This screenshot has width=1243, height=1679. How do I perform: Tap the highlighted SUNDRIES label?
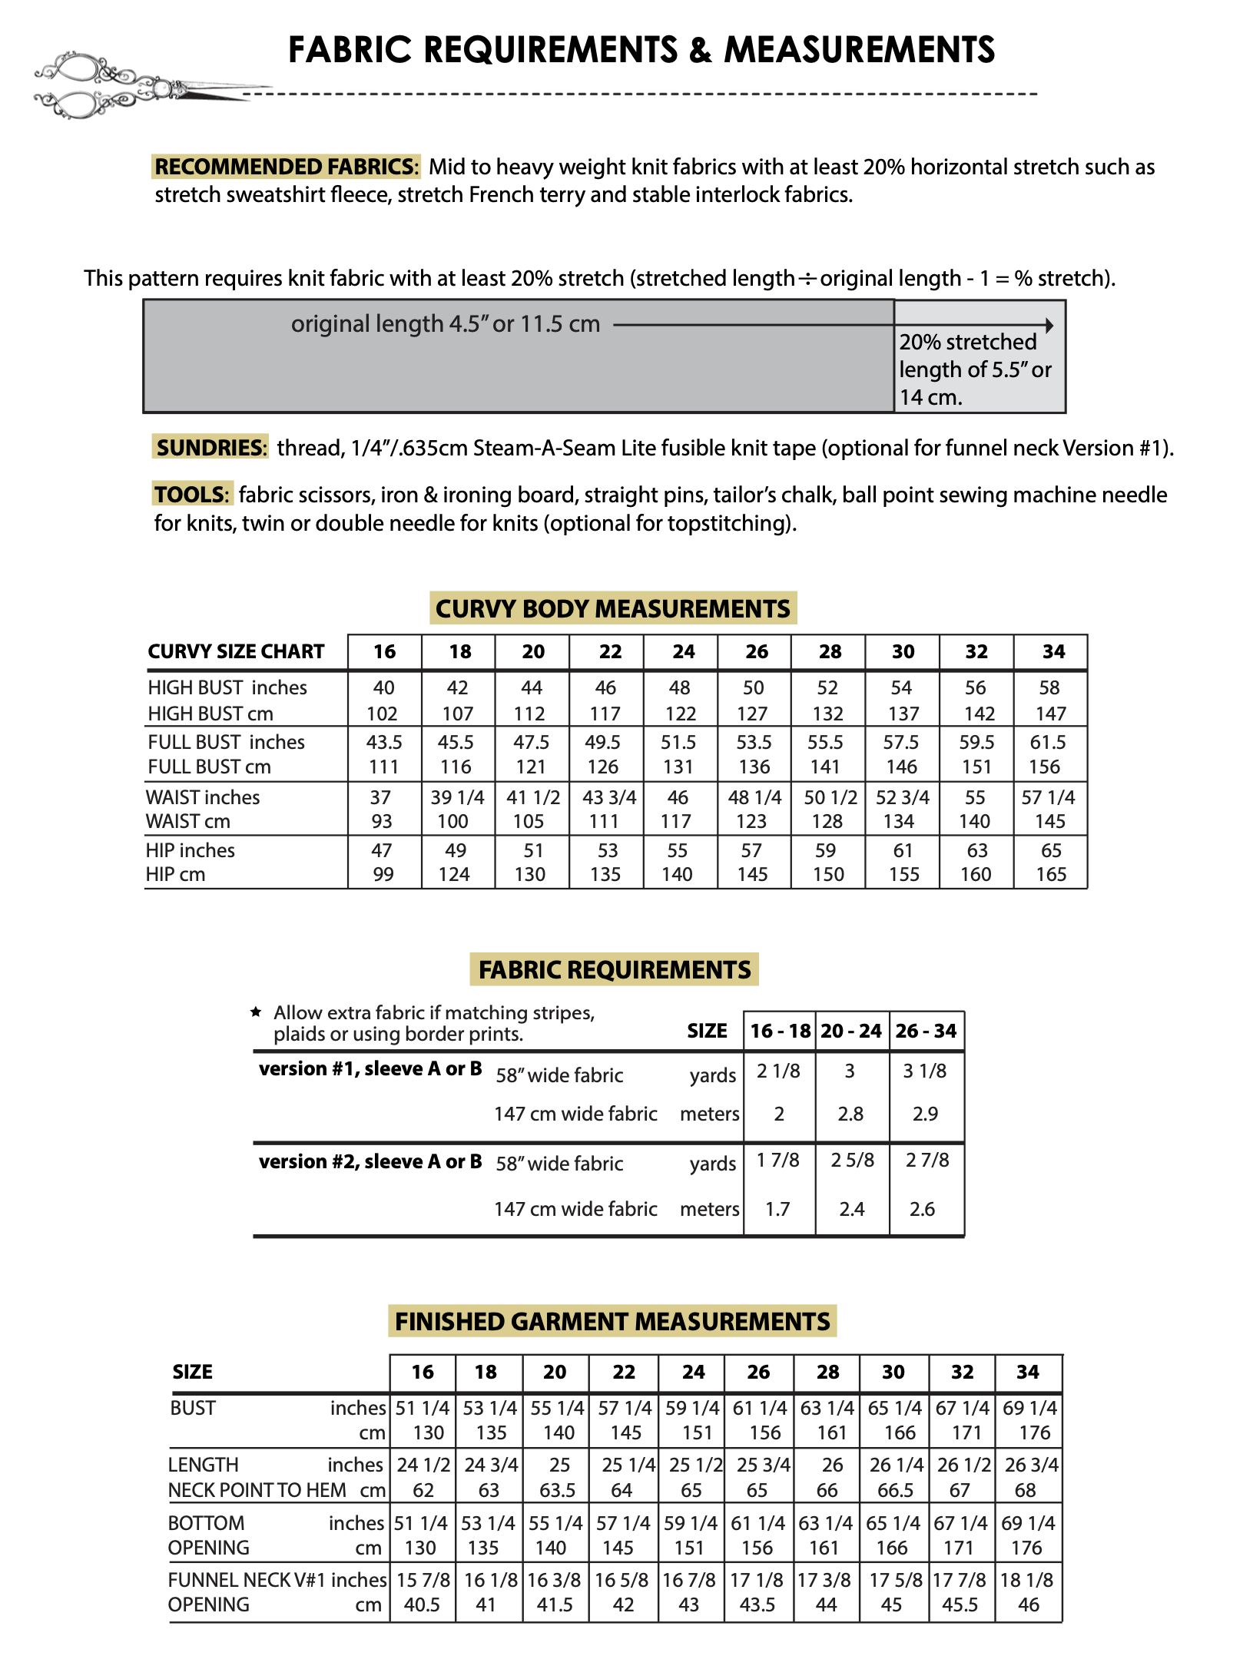(x=210, y=448)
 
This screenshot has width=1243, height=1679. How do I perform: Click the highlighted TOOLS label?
(x=192, y=495)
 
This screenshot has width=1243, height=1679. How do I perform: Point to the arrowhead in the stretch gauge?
(x=1049, y=326)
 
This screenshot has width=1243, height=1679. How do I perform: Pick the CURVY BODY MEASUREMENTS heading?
(x=612, y=609)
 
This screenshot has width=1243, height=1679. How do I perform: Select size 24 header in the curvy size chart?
(x=683, y=652)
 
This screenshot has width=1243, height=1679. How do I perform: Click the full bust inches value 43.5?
(x=384, y=743)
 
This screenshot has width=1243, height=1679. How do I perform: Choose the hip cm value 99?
(x=383, y=875)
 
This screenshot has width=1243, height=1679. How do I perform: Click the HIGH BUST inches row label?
(x=227, y=688)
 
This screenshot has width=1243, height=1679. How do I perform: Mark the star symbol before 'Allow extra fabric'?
(x=257, y=1012)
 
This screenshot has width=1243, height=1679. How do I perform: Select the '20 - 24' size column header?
(x=850, y=1032)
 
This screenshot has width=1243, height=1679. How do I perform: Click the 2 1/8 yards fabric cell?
(x=778, y=1071)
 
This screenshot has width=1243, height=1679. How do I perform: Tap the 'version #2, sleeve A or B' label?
(x=370, y=1161)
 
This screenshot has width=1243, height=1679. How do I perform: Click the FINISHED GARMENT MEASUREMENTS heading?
(x=612, y=1322)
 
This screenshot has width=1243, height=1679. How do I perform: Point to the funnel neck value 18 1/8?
(x=1027, y=1581)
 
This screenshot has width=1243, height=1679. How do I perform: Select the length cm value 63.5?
(x=557, y=1491)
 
